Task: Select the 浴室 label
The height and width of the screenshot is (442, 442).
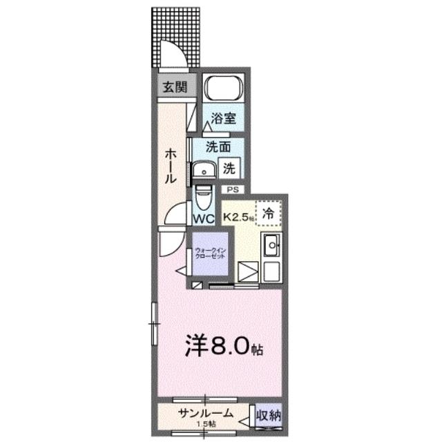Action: pyautogui.click(x=225, y=118)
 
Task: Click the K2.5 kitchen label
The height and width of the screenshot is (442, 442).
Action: pyautogui.click(x=238, y=217)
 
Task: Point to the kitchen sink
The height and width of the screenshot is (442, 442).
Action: pyautogui.click(x=269, y=244)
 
